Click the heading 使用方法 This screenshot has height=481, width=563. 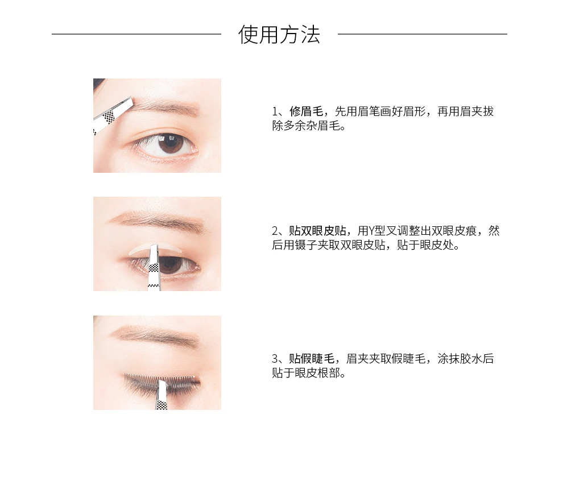[x=279, y=35]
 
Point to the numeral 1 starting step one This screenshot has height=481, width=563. [x=275, y=111]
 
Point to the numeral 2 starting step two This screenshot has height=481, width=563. [x=275, y=231]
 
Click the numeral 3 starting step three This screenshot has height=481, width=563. [x=275, y=359]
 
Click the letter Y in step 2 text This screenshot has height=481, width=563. [x=372, y=231]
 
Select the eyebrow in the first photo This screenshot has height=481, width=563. [x=165, y=106]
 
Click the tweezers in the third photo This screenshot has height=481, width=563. [x=162, y=395]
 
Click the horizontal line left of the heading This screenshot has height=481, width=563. [x=136, y=34]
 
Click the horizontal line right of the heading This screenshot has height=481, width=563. [x=422, y=34]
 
